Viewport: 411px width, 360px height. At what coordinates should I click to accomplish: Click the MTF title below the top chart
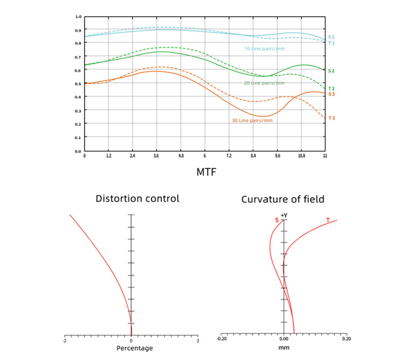click(x=206, y=171)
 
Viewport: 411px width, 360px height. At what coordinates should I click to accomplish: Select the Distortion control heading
click(x=138, y=198)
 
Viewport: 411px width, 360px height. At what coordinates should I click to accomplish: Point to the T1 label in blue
click(x=331, y=43)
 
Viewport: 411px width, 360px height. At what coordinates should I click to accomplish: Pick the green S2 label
click(x=331, y=71)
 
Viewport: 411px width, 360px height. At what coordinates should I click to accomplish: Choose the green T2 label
click(x=331, y=89)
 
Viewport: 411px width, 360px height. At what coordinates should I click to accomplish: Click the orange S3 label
click(x=331, y=94)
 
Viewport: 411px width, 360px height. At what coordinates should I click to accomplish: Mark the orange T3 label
click(x=331, y=118)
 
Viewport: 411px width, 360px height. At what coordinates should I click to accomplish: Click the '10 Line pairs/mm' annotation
click(x=264, y=49)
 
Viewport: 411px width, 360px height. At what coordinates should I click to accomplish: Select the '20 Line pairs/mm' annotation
click(x=264, y=83)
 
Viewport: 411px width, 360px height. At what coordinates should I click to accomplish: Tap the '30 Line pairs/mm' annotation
click(x=252, y=121)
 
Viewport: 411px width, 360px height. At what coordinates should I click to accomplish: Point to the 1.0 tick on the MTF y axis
click(x=79, y=16)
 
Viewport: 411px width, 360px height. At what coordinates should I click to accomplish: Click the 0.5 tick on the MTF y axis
click(x=79, y=83)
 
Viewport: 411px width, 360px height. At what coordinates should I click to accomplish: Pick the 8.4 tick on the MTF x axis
click(x=253, y=155)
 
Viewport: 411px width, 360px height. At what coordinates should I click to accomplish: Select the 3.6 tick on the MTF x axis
click(x=157, y=155)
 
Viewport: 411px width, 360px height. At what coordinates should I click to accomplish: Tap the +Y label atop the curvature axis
click(x=284, y=215)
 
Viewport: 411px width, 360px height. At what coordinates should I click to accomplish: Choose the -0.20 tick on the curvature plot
click(x=221, y=339)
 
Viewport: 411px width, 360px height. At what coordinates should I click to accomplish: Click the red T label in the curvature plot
click(x=328, y=220)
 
